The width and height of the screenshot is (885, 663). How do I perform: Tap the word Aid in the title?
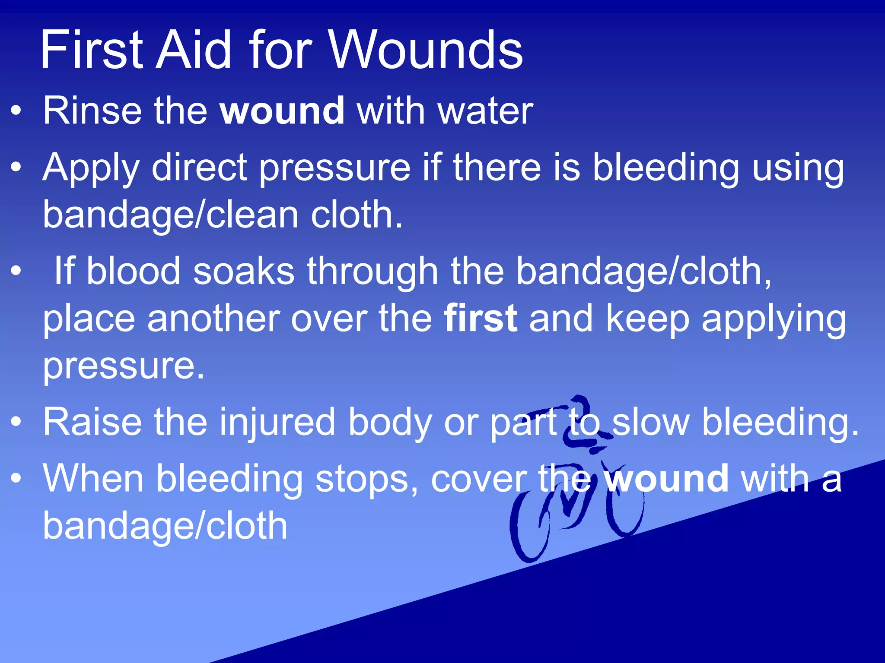click(x=194, y=50)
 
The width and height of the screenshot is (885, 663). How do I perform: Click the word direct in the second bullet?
click(x=199, y=167)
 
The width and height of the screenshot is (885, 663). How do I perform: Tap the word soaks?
click(x=244, y=272)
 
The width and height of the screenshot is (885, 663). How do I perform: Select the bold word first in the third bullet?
click(x=481, y=319)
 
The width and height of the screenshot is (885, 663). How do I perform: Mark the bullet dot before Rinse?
click(x=16, y=111)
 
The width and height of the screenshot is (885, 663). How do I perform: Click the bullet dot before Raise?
click(x=16, y=422)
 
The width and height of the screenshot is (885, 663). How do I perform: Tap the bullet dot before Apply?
click(x=16, y=167)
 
